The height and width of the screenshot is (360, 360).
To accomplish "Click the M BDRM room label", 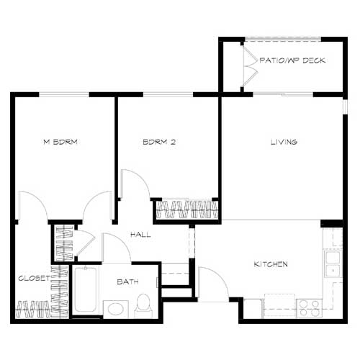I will [60, 143].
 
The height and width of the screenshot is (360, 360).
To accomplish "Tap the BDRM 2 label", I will [159, 143].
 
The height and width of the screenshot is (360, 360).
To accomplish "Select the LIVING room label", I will [283, 142].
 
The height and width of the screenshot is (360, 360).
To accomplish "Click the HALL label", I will [140, 235].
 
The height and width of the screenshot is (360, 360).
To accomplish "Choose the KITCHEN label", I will [270, 264].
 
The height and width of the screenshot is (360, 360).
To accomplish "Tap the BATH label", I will [127, 282].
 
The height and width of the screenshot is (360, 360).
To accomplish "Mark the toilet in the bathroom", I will [143, 305].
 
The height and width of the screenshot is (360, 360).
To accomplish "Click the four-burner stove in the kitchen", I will [310, 308].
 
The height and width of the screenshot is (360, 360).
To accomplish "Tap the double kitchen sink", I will [333, 263].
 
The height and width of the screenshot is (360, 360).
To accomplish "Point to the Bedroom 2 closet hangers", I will [187, 210].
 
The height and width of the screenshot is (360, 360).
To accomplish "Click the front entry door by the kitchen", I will [212, 285].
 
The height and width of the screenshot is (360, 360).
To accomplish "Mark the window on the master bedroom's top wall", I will [64, 94].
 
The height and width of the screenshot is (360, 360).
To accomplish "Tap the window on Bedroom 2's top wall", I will [168, 94].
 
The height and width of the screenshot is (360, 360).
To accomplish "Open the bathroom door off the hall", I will [115, 248].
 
